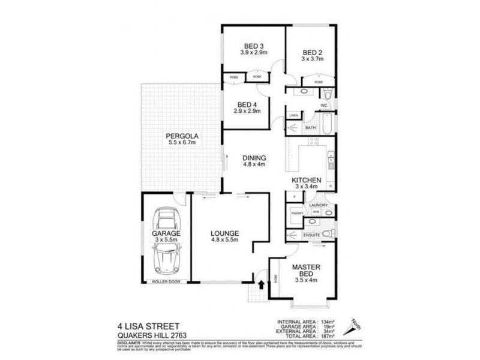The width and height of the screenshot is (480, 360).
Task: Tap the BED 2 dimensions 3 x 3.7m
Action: coord(313,59)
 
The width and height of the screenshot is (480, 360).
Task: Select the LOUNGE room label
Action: coord(225,233)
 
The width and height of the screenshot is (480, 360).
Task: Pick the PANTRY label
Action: coord(295,213)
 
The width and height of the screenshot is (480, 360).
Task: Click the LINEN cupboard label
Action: coord(293,115)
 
